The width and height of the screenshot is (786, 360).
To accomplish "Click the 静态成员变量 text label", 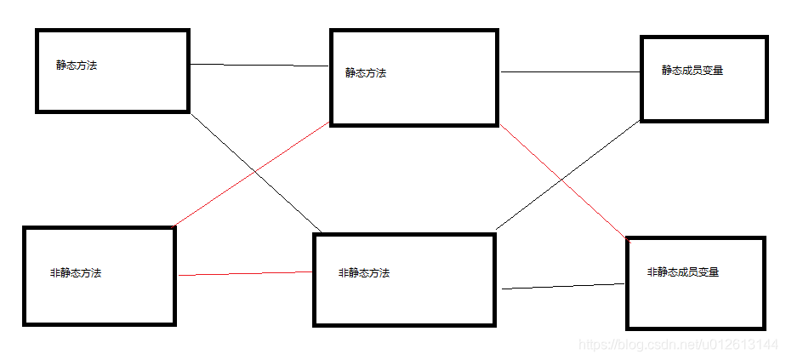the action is click(x=692, y=71).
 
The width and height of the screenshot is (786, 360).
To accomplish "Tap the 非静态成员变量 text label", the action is click(x=683, y=272).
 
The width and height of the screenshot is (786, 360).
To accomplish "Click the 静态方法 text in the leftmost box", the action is click(x=77, y=66).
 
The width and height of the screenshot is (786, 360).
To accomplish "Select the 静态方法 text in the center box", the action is click(x=366, y=73).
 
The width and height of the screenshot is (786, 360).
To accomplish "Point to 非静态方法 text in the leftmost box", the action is click(x=76, y=273).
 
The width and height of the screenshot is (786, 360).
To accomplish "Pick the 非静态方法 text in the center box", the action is click(x=363, y=273).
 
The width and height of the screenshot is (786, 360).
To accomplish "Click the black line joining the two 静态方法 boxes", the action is click(x=259, y=66).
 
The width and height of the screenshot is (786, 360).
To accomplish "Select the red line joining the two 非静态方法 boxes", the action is click(x=245, y=273).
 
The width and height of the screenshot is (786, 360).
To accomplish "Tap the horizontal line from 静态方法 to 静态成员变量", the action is click(x=570, y=72).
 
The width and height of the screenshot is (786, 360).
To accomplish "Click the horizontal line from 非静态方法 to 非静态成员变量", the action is click(x=561, y=287).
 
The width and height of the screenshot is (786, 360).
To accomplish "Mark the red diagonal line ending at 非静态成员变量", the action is click(x=595, y=211).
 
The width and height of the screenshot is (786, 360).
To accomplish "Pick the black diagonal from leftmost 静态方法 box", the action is click(x=221, y=140).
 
